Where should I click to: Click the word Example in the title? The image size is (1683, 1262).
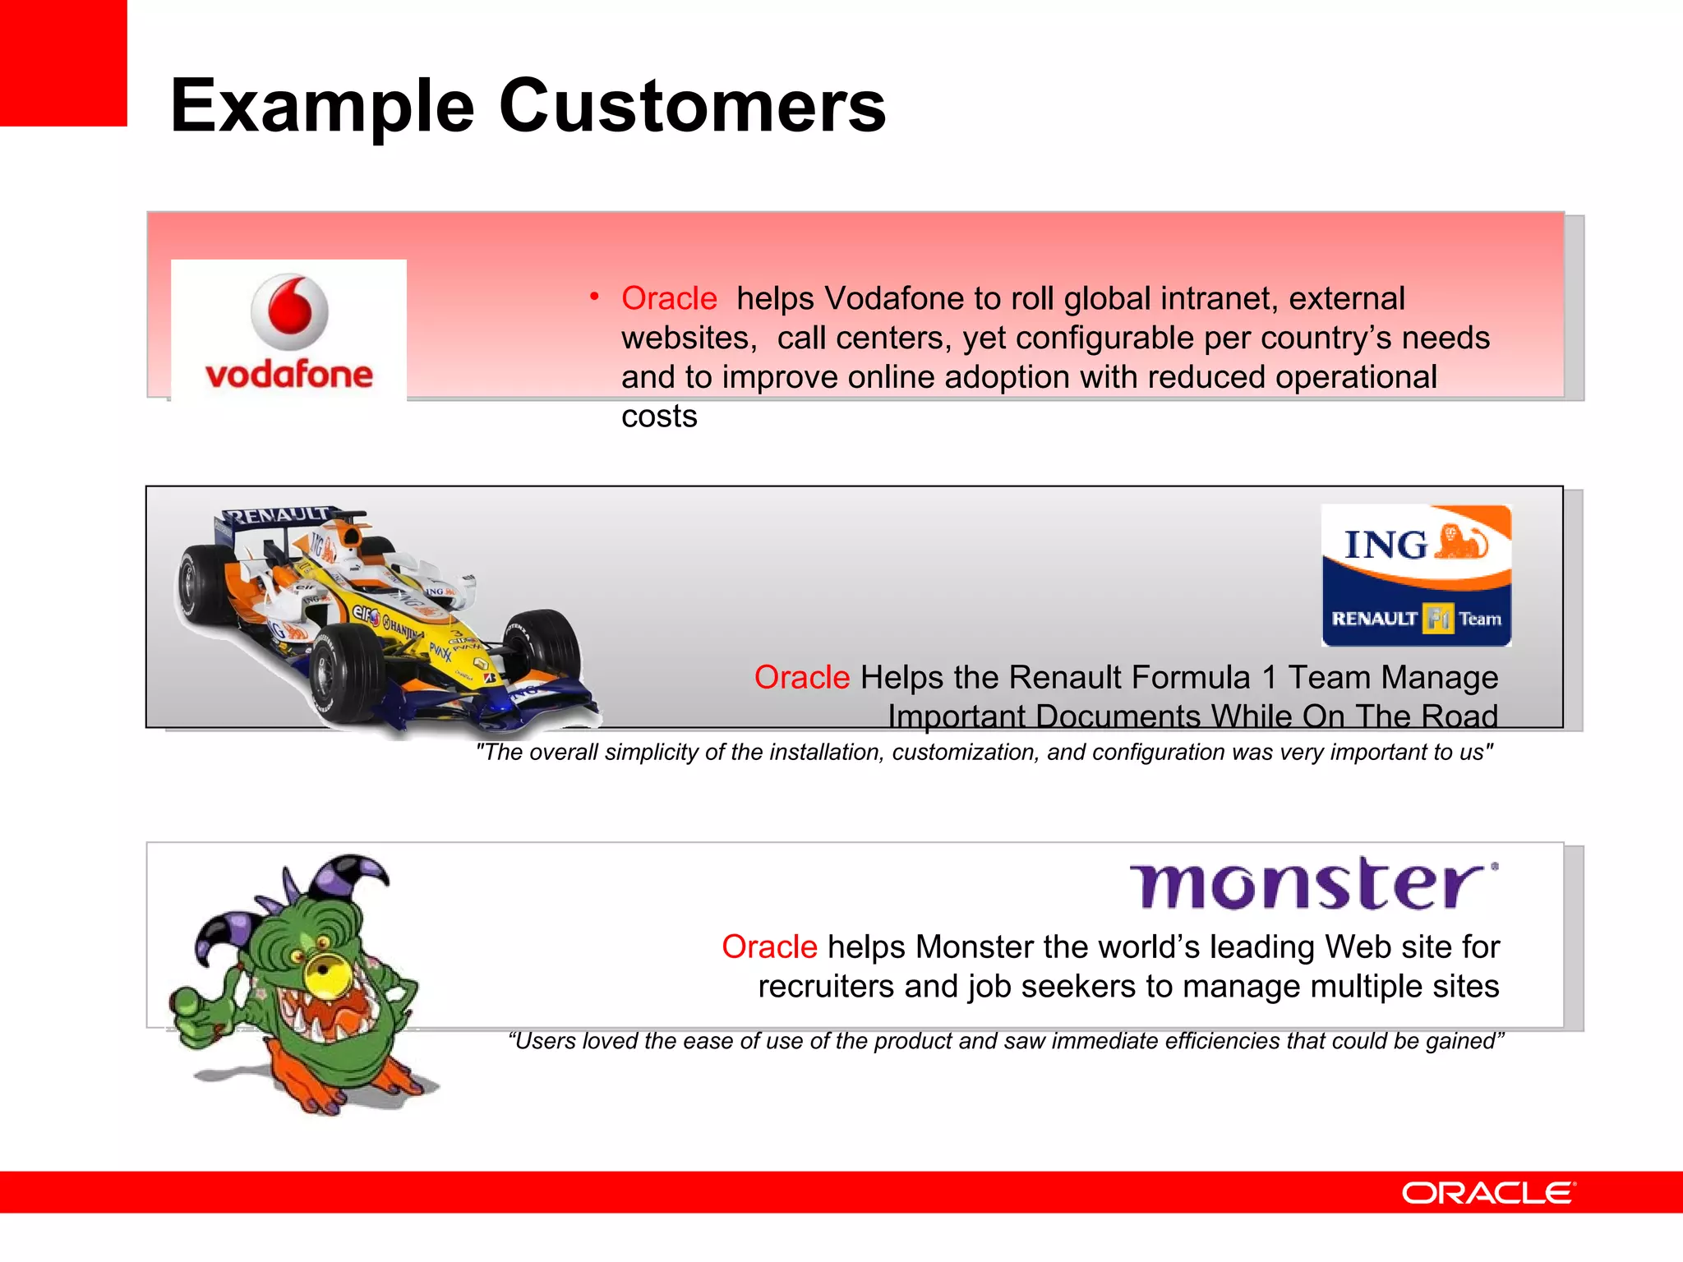322,107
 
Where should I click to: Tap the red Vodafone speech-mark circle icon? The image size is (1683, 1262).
289,311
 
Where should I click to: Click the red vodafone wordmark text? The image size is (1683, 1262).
289,375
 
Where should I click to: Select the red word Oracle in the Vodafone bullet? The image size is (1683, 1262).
669,298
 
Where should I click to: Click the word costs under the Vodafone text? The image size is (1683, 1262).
659,417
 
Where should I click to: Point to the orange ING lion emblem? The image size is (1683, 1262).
1461,542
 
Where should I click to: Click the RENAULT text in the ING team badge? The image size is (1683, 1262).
1374,619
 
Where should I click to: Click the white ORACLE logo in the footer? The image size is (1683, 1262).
1487,1193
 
